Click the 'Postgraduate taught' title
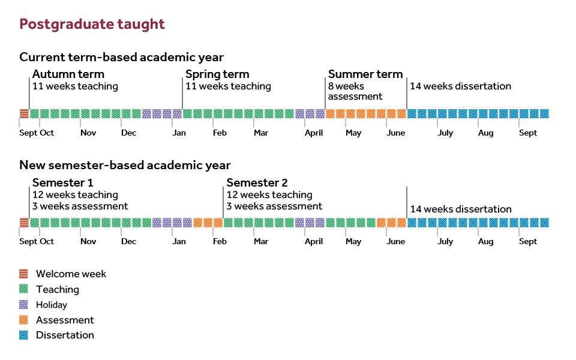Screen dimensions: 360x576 tap(92, 25)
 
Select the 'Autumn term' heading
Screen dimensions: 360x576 tap(68, 74)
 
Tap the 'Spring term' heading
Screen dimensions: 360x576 tap(217, 74)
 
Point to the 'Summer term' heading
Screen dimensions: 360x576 tap(365, 74)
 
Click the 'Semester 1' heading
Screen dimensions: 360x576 tap(62, 183)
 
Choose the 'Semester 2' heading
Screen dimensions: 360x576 tap(257, 183)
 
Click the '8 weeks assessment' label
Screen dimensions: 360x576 tap(355, 91)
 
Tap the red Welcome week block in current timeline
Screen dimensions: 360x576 tap(24, 113)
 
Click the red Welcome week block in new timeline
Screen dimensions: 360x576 tap(24, 223)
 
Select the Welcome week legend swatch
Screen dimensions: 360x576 tap(23, 274)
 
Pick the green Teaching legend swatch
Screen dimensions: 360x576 tap(23, 289)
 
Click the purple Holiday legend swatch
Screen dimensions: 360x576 tap(23, 305)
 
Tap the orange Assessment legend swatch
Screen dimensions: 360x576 tap(23, 320)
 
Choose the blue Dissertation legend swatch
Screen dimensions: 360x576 tap(23, 335)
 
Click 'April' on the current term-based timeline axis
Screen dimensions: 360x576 tap(314, 133)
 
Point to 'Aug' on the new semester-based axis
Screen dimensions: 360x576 tap(485, 242)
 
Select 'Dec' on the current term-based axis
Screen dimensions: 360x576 tap(128, 133)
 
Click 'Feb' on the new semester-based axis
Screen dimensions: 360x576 tap(220, 242)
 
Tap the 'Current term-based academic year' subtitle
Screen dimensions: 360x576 tap(121, 58)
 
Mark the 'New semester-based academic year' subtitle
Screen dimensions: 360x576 tap(125, 166)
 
